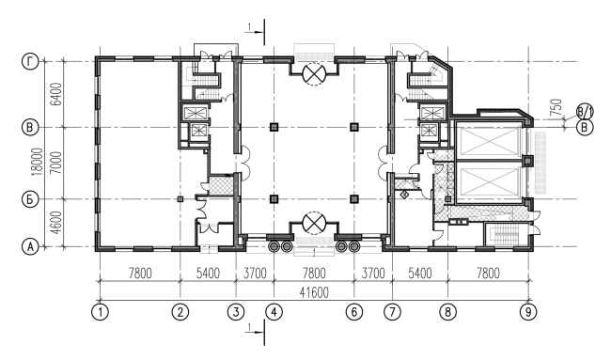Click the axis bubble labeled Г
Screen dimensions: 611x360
pos(30,62)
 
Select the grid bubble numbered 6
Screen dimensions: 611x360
pos(353,312)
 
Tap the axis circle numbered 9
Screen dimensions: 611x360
pos(528,312)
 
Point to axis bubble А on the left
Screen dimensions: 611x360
pos(30,246)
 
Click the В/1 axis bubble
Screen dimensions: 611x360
pos(585,113)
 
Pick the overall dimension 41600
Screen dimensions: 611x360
pos(314,292)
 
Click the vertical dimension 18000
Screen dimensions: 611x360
pos(37,162)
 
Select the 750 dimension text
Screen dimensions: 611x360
pos(557,107)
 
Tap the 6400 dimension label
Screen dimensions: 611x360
pos(56,94)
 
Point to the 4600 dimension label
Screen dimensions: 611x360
pos(56,223)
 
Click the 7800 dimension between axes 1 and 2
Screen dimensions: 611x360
pos(140,274)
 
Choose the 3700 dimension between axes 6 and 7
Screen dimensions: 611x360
pos(373,274)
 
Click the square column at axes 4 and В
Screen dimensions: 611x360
pos(274,127)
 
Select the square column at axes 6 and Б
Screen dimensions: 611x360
pos(353,199)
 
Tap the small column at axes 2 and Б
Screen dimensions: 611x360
pos(180,199)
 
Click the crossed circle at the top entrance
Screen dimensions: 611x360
pos(314,73)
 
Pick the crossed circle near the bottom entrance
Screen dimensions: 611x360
pos(314,223)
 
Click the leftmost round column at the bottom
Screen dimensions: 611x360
pos(274,246)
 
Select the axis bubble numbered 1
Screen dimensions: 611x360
pos(101,312)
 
